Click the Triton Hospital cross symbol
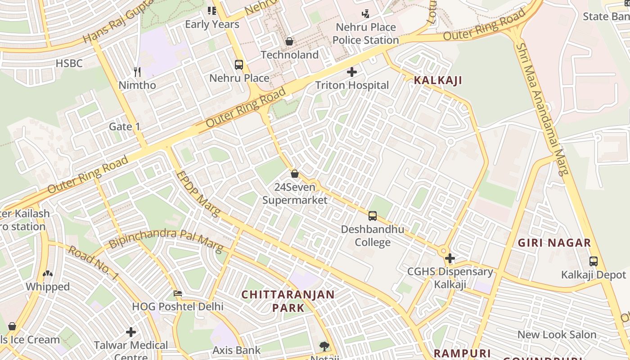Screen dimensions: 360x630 pos(352,72)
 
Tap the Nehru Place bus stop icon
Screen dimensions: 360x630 pos(239,65)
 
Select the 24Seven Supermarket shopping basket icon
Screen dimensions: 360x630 pos(295,173)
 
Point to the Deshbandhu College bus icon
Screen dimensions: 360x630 pos(373,216)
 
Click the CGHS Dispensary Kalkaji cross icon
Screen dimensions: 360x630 pos(450,258)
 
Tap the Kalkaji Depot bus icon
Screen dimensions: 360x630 pos(594,261)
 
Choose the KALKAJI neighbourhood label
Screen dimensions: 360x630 pos(438,81)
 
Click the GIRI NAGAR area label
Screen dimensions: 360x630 pos(554,243)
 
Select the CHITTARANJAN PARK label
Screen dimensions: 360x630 pos(288,301)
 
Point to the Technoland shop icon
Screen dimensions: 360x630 pos(289,41)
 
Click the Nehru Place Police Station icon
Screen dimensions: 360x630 pos(365,14)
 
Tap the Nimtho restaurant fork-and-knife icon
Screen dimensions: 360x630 pos(137,71)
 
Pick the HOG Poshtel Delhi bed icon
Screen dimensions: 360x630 pos(178,293)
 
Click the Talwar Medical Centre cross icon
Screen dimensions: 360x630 pos(131,332)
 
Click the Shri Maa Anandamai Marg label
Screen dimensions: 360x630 pos(543,108)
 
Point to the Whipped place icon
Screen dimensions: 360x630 pos(48,273)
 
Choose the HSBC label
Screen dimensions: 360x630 pos(69,63)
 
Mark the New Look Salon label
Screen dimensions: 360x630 pos(557,334)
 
